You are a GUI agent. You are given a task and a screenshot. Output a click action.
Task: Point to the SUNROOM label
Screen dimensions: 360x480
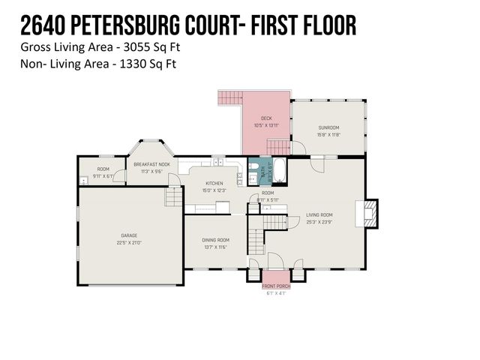(329, 128)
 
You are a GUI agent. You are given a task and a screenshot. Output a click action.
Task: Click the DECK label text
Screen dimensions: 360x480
(266, 118)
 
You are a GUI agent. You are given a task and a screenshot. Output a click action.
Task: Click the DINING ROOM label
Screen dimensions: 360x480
(215, 240)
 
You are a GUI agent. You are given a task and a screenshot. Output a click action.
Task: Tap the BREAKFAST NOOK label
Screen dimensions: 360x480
(151, 163)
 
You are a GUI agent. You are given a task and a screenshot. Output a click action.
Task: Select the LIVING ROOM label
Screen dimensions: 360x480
(320, 214)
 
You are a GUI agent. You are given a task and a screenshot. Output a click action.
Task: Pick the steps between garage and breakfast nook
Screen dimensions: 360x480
(174, 197)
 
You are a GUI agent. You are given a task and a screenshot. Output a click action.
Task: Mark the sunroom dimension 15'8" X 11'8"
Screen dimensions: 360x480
(329, 135)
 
